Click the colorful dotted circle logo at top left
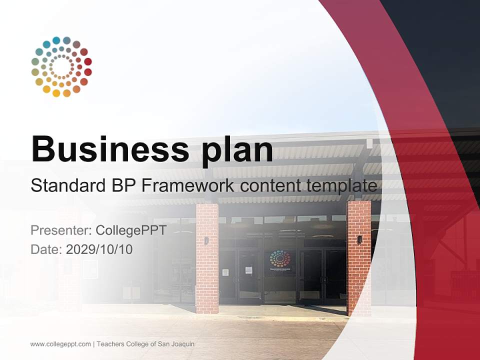(x=61, y=66)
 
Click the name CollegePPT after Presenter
(x=130, y=230)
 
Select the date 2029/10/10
(x=99, y=249)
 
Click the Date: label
(x=46, y=249)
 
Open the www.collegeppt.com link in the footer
(x=60, y=344)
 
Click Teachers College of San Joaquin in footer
(x=145, y=344)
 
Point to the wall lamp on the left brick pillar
(x=206, y=240)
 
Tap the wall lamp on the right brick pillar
(x=359, y=239)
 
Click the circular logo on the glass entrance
(x=280, y=259)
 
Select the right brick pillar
(x=359, y=257)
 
